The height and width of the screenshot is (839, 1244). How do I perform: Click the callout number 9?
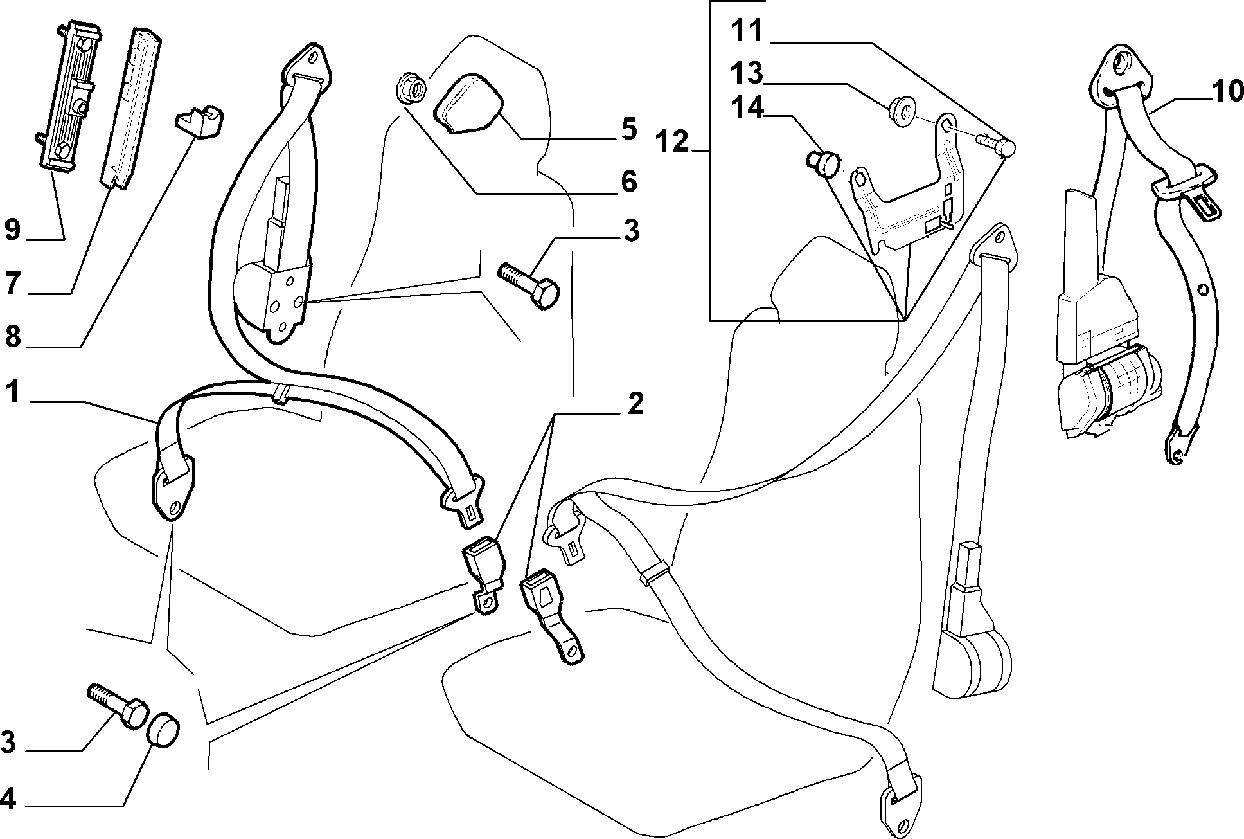pyautogui.click(x=13, y=230)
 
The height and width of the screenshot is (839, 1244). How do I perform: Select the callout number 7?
pyautogui.click(x=13, y=284)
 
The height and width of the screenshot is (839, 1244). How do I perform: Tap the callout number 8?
pyautogui.click(x=13, y=337)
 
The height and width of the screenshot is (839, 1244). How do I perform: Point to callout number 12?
pyautogui.click(x=671, y=141)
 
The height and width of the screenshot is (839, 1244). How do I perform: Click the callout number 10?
pyautogui.click(x=1228, y=91)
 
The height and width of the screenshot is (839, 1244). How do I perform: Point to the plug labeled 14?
pyautogui.click(x=823, y=163)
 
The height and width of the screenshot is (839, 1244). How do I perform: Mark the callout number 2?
pyautogui.click(x=635, y=404)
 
